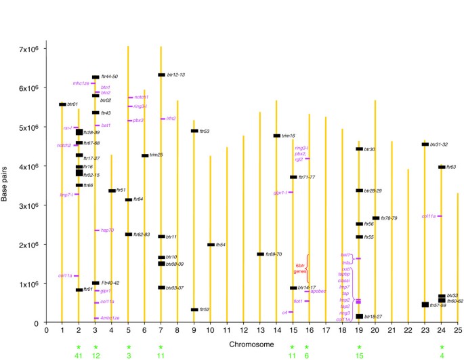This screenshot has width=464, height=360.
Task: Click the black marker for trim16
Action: pos(276,136)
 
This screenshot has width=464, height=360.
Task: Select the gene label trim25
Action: pos(157,155)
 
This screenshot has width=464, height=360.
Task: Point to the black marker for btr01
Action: pos(62,104)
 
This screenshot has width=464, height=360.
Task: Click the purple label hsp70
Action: pos(107,231)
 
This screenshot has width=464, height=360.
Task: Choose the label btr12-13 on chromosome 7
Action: pos(176,75)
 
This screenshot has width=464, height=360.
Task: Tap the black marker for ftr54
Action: pos(211,245)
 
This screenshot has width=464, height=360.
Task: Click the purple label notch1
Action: pos(141,98)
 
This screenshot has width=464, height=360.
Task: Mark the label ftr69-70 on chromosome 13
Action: pos(274,254)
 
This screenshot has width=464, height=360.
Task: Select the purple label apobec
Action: pos(319,292)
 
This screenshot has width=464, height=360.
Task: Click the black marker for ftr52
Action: pos(194,309)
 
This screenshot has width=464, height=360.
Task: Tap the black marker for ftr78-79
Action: pos(376,218)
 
